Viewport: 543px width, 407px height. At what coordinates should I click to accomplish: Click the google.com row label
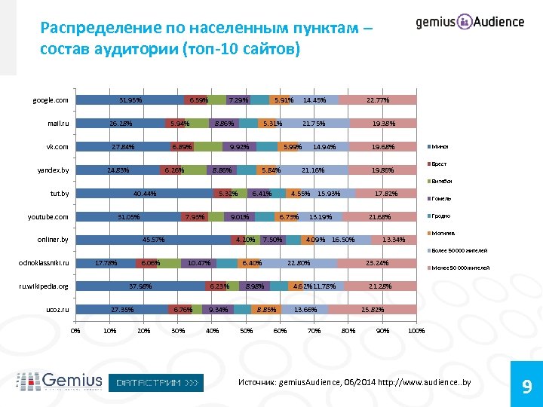click(x=51, y=100)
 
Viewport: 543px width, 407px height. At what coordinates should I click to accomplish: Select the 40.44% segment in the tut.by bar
click(x=145, y=194)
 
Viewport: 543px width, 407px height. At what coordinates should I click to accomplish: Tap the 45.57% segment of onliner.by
click(x=153, y=240)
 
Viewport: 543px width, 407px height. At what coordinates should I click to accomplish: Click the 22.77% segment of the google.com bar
click(x=377, y=100)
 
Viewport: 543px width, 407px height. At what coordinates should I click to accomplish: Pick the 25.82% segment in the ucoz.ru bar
click(x=373, y=310)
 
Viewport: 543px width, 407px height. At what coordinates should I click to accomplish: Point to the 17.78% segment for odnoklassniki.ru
click(x=106, y=263)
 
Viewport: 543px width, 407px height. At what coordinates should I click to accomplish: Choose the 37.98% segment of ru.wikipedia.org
click(x=140, y=286)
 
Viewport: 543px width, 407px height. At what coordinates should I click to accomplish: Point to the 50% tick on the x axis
click(x=246, y=330)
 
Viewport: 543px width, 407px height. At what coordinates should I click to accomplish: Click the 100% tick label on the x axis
click(x=416, y=330)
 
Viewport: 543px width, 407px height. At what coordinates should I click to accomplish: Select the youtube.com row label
click(x=48, y=217)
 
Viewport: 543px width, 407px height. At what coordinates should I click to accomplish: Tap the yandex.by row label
click(x=53, y=170)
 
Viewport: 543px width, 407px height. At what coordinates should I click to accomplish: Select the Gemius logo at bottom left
click(x=60, y=381)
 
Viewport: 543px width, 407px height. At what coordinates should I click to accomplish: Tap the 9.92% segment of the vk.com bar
click(x=241, y=147)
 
